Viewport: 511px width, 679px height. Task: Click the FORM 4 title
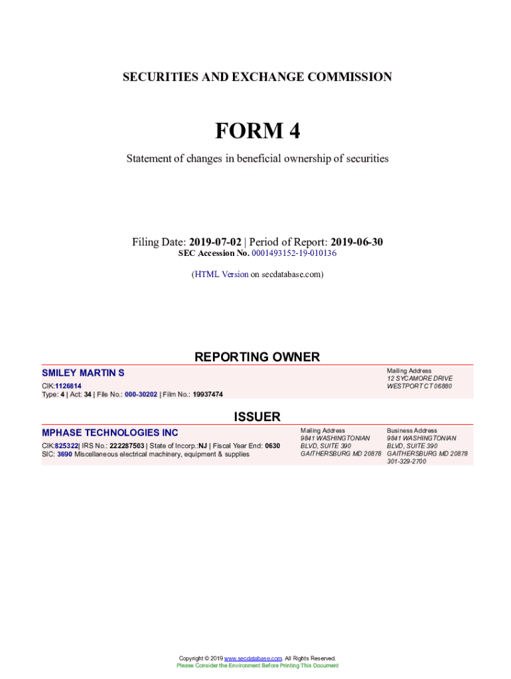tap(257, 131)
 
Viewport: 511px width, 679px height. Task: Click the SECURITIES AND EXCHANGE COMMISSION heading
tap(257, 78)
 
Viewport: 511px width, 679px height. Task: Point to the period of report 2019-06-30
tap(356, 242)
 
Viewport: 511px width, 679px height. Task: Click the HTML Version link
tap(221, 274)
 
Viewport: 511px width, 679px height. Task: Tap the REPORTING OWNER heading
tap(257, 357)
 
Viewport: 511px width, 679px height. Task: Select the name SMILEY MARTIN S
tap(83, 373)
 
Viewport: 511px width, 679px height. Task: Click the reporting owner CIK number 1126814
tap(68, 386)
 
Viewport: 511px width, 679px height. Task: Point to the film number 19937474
tap(208, 395)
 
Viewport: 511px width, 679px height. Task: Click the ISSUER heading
tap(257, 417)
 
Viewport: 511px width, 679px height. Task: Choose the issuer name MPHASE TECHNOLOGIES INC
tap(110, 433)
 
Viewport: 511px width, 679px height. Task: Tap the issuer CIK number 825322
tap(67, 446)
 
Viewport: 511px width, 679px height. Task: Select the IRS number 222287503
tap(127, 446)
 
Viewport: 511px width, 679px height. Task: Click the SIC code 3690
tap(64, 454)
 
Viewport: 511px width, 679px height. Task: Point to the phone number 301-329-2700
tap(406, 462)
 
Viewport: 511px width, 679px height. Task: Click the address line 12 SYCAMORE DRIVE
tap(419, 379)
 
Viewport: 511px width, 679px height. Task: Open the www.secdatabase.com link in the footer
tap(254, 658)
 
